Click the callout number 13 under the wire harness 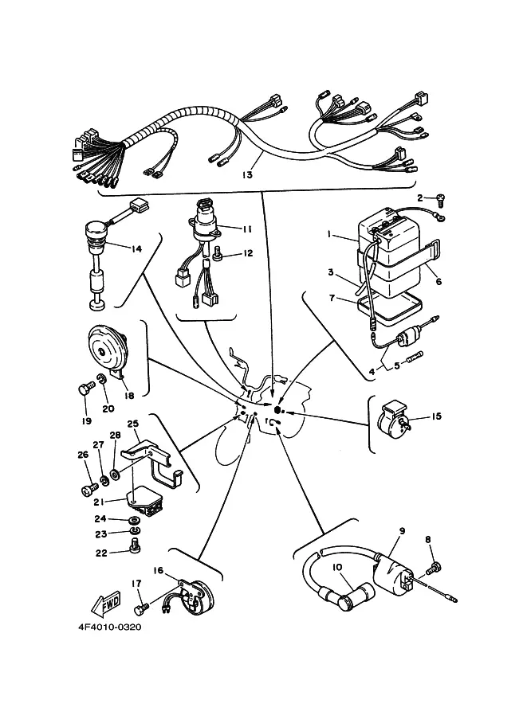[x=247, y=175]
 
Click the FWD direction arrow [x=105, y=604]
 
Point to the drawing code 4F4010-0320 [x=109, y=627]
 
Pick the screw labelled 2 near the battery [x=440, y=201]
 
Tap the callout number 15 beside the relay [x=436, y=416]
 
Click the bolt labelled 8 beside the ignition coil [x=435, y=567]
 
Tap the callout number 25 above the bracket [x=133, y=424]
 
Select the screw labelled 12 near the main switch [x=218, y=252]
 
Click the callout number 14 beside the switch [x=136, y=249]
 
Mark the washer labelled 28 [x=114, y=475]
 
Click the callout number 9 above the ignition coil [x=402, y=531]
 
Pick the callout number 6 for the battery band [x=439, y=281]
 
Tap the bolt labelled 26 [x=89, y=488]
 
